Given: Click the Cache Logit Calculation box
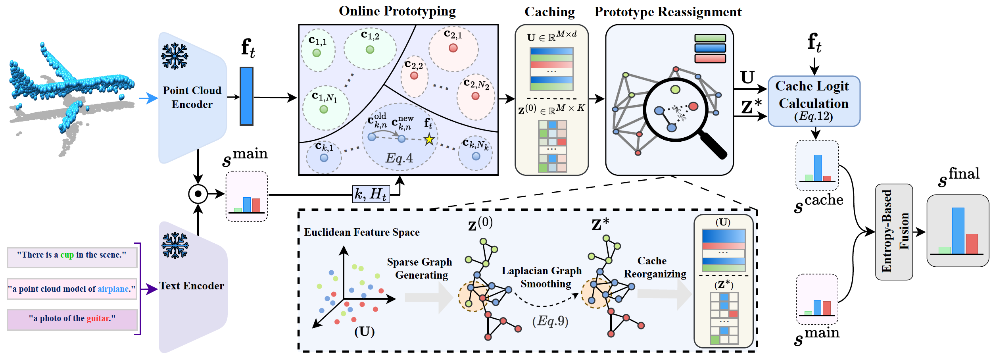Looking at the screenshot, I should (814, 101).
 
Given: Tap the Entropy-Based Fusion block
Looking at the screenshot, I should (894, 232).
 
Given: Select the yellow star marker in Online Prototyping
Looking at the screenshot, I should (429, 139).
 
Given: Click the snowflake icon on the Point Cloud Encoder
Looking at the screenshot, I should (175, 56).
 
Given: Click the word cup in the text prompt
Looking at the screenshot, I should (67, 255).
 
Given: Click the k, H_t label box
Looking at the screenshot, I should (371, 194).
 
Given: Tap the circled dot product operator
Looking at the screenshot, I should (198, 194).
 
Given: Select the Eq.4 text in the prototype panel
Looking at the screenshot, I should (399, 158).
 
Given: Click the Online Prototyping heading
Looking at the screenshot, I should (397, 11).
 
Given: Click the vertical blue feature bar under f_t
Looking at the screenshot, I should (246, 96).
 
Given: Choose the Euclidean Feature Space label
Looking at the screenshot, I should (361, 232).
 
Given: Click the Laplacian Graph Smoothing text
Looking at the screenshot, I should (542, 277).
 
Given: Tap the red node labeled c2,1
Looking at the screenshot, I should (453, 48).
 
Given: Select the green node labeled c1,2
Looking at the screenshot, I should (370, 50).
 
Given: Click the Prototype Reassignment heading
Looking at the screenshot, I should (668, 12).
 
